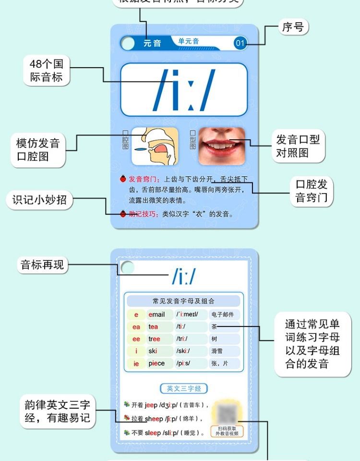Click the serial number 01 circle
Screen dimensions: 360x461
tap(240, 43)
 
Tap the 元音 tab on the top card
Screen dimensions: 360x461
tap(152, 43)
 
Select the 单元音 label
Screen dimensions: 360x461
tap(189, 42)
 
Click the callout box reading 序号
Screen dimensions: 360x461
tap(293, 27)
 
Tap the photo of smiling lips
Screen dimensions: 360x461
tap(221, 143)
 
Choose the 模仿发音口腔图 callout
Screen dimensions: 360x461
tap(38, 150)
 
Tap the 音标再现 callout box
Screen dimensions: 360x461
tap(42, 265)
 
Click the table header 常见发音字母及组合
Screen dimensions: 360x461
tap(183, 301)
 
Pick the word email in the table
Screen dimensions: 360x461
tap(156, 315)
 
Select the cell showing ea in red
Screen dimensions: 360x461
tap(136, 327)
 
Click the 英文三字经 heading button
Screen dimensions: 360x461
tap(184, 388)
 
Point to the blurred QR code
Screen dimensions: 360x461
tap(227, 413)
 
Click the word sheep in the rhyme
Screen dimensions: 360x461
tap(156, 418)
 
